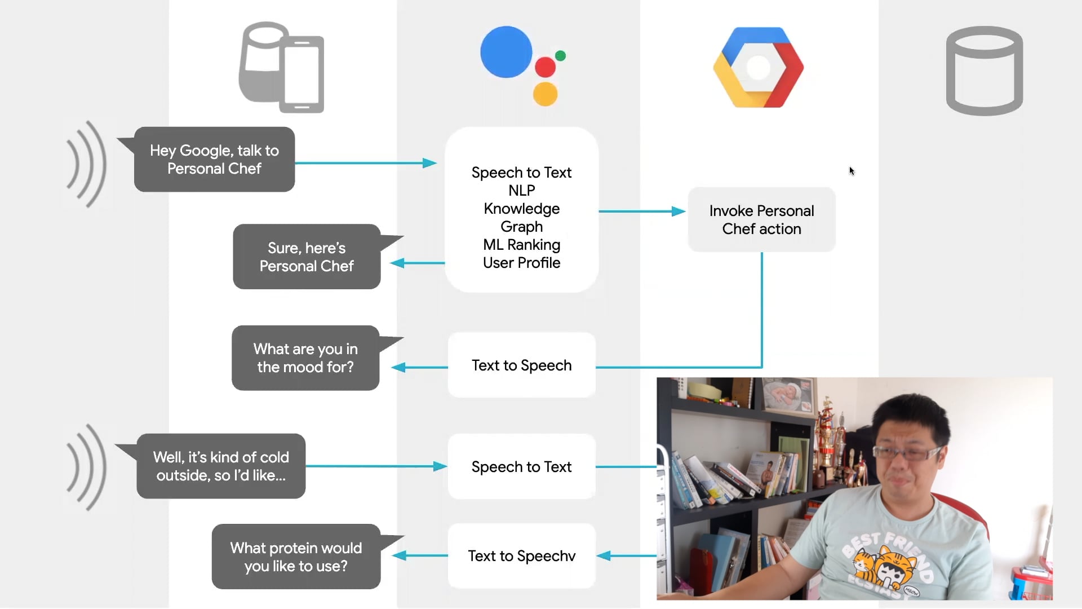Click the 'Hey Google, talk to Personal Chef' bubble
pyautogui.click(x=214, y=160)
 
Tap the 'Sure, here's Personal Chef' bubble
pyautogui.click(x=307, y=257)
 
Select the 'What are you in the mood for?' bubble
pyautogui.click(x=305, y=358)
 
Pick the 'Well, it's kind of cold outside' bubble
pyautogui.click(x=221, y=466)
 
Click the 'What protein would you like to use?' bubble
pyautogui.click(x=296, y=557)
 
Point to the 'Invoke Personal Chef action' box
pyautogui.click(x=761, y=220)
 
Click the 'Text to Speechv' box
pyautogui.click(x=521, y=556)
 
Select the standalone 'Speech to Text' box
pyautogui.click(x=521, y=467)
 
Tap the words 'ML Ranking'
pyautogui.click(x=521, y=245)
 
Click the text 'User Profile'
pyautogui.click(x=521, y=263)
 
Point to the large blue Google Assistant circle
pyautogui.click(x=506, y=52)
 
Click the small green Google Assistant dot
pyautogui.click(x=560, y=55)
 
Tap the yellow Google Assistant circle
pyautogui.click(x=545, y=94)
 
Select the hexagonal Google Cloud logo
pyautogui.click(x=758, y=68)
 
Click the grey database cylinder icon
pyautogui.click(x=984, y=70)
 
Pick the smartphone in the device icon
pyautogui.click(x=302, y=74)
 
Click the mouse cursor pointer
pyautogui.click(x=852, y=171)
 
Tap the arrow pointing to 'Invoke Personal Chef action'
pyautogui.click(x=642, y=211)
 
